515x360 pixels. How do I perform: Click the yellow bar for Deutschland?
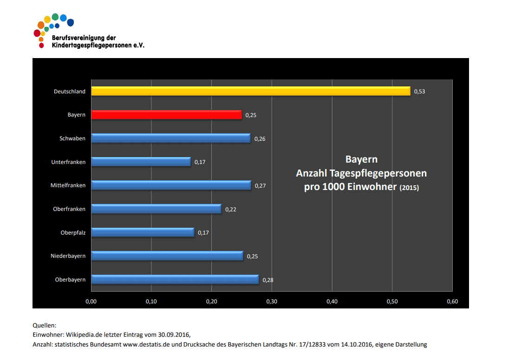tap(251, 91)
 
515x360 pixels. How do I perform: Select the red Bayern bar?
tap(166, 115)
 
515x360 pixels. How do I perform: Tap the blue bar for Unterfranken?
tap(141, 162)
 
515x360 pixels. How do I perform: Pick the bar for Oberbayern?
tap(175, 279)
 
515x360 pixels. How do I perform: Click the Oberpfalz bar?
tap(143, 232)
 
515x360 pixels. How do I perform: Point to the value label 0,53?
tap(419, 92)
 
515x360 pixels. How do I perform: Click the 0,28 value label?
tap(268, 280)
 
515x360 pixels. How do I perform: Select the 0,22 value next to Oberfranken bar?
tap(231, 209)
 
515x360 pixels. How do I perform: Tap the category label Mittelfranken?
tap(68, 185)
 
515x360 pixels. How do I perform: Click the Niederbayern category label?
tap(68, 256)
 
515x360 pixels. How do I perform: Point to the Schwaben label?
tap(72, 138)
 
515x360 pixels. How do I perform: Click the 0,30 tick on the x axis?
tap(272, 302)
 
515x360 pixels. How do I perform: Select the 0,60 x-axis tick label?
tap(452, 302)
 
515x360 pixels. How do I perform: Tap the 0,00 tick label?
tap(91, 302)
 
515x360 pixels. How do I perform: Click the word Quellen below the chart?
tap(44, 326)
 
